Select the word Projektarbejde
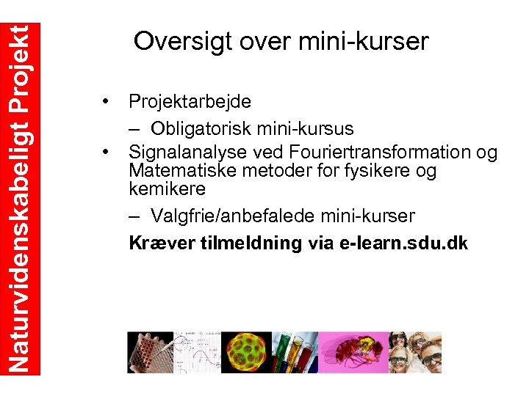pos(190,101)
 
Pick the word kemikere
pos(167,188)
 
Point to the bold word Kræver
pos(162,243)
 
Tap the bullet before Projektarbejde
pos(107,100)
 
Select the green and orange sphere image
pos(246,353)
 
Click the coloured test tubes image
pos(294,353)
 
